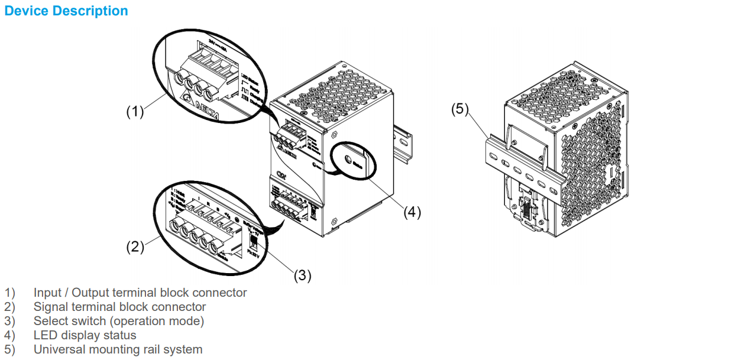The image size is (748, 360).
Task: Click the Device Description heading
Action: click(66, 11)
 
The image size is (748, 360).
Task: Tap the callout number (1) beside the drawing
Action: click(135, 112)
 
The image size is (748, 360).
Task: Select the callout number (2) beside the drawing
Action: click(135, 247)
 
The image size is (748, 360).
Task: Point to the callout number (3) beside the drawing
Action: click(302, 275)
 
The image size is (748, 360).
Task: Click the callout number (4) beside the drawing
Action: click(412, 212)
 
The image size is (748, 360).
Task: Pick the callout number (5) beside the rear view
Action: click(461, 109)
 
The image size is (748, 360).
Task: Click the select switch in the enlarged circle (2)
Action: click(253, 243)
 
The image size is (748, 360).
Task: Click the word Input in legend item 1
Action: click(47, 293)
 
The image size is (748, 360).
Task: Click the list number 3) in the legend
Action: click(10, 321)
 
